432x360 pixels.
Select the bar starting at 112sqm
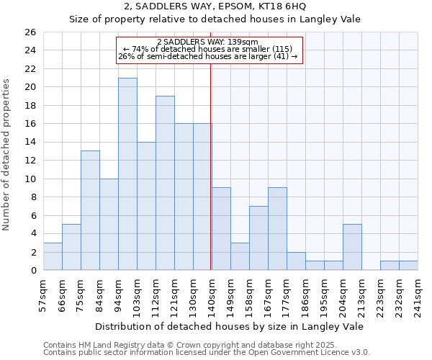[x=165, y=184]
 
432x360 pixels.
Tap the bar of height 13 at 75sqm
[x=90, y=210]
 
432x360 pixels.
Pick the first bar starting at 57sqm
[x=53, y=256]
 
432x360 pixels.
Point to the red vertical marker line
[x=210, y=166]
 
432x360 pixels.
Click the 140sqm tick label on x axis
[x=212, y=294]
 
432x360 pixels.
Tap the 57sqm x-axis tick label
[x=44, y=294]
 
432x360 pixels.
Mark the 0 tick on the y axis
[x=33, y=271]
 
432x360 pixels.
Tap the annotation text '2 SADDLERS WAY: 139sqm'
[x=208, y=42]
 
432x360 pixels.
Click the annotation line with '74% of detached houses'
[x=208, y=49]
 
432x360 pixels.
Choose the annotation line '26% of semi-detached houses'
[x=208, y=56]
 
